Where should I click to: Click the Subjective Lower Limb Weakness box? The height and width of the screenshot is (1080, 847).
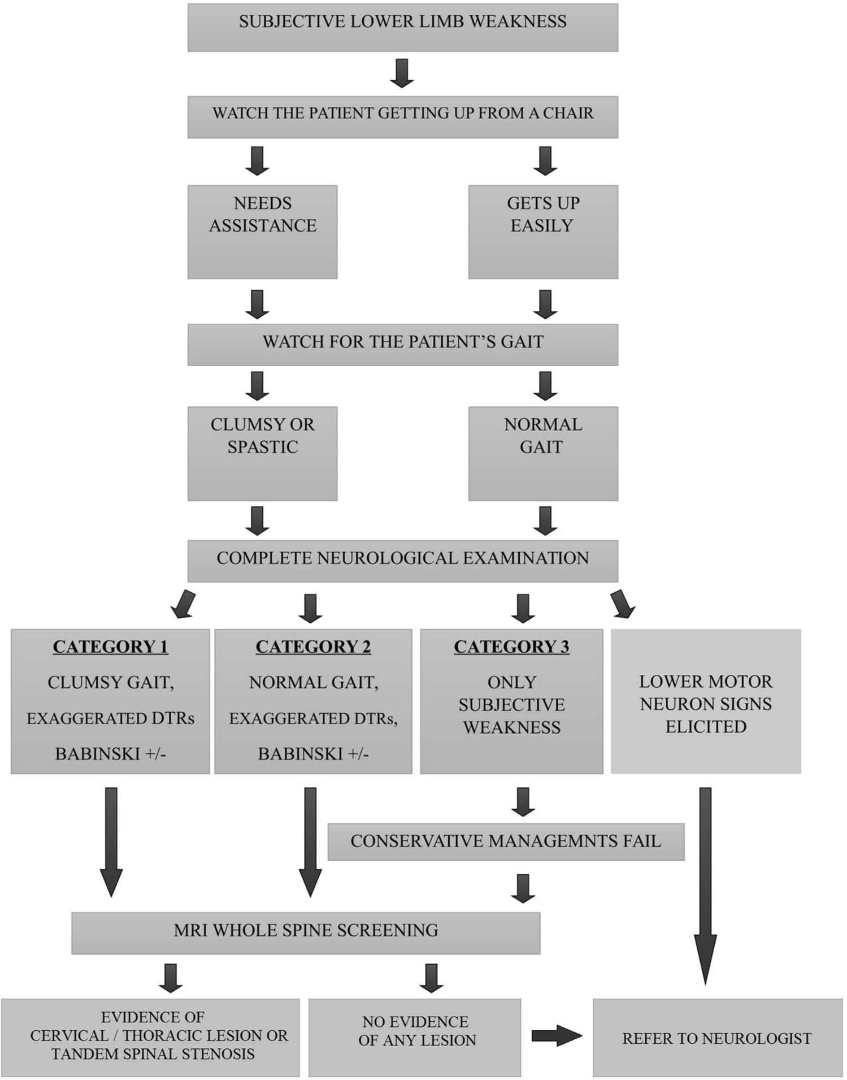pyautogui.click(x=402, y=27)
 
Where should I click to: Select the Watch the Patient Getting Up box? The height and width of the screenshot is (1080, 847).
pyautogui.click(x=402, y=116)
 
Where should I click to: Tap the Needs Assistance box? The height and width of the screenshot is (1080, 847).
pyautogui.click(x=262, y=232)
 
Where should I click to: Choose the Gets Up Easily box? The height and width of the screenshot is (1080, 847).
pyautogui.click(x=542, y=232)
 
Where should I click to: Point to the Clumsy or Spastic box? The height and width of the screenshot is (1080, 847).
pyautogui.click(x=262, y=453)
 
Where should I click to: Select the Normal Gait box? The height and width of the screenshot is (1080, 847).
pyautogui.click(x=542, y=453)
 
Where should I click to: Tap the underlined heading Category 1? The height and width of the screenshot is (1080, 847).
pyautogui.click(x=110, y=647)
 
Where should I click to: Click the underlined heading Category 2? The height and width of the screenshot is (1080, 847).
pyautogui.click(x=313, y=647)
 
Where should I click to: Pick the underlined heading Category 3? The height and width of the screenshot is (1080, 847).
pyautogui.click(x=511, y=647)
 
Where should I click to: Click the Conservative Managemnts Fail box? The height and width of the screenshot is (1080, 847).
pyautogui.click(x=506, y=842)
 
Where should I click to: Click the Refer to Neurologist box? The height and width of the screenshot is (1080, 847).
pyautogui.click(x=717, y=1037)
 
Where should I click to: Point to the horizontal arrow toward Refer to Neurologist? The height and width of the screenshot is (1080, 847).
pyautogui.click(x=556, y=1035)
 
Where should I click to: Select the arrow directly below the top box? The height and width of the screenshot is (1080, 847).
pyautogui.click(x=402, y=73)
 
